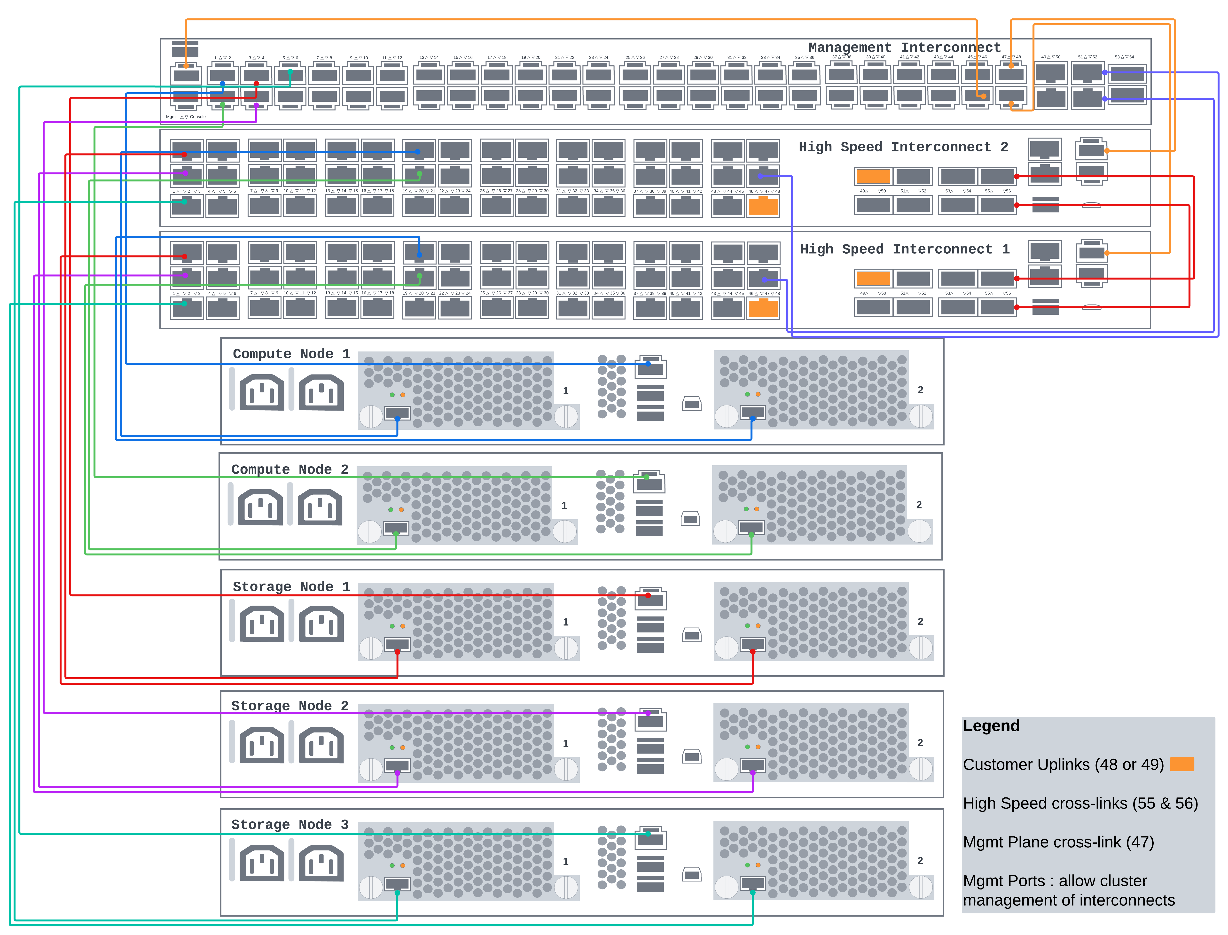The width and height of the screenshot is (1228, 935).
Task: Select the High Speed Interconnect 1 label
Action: (905, 249)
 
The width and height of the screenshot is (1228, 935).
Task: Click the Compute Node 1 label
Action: (291, 354)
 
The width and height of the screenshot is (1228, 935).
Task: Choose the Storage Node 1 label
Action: (291, 587)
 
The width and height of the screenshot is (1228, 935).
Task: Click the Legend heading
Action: (991, 726)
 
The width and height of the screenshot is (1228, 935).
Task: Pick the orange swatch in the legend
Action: (1182, 764)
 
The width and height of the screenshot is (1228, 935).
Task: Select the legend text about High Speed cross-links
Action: (1080, 803)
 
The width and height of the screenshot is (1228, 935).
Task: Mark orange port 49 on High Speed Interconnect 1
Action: (873, 278)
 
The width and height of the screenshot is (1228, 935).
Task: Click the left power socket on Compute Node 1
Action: (262, 392)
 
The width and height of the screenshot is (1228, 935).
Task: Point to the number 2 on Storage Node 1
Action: (920, 621)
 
